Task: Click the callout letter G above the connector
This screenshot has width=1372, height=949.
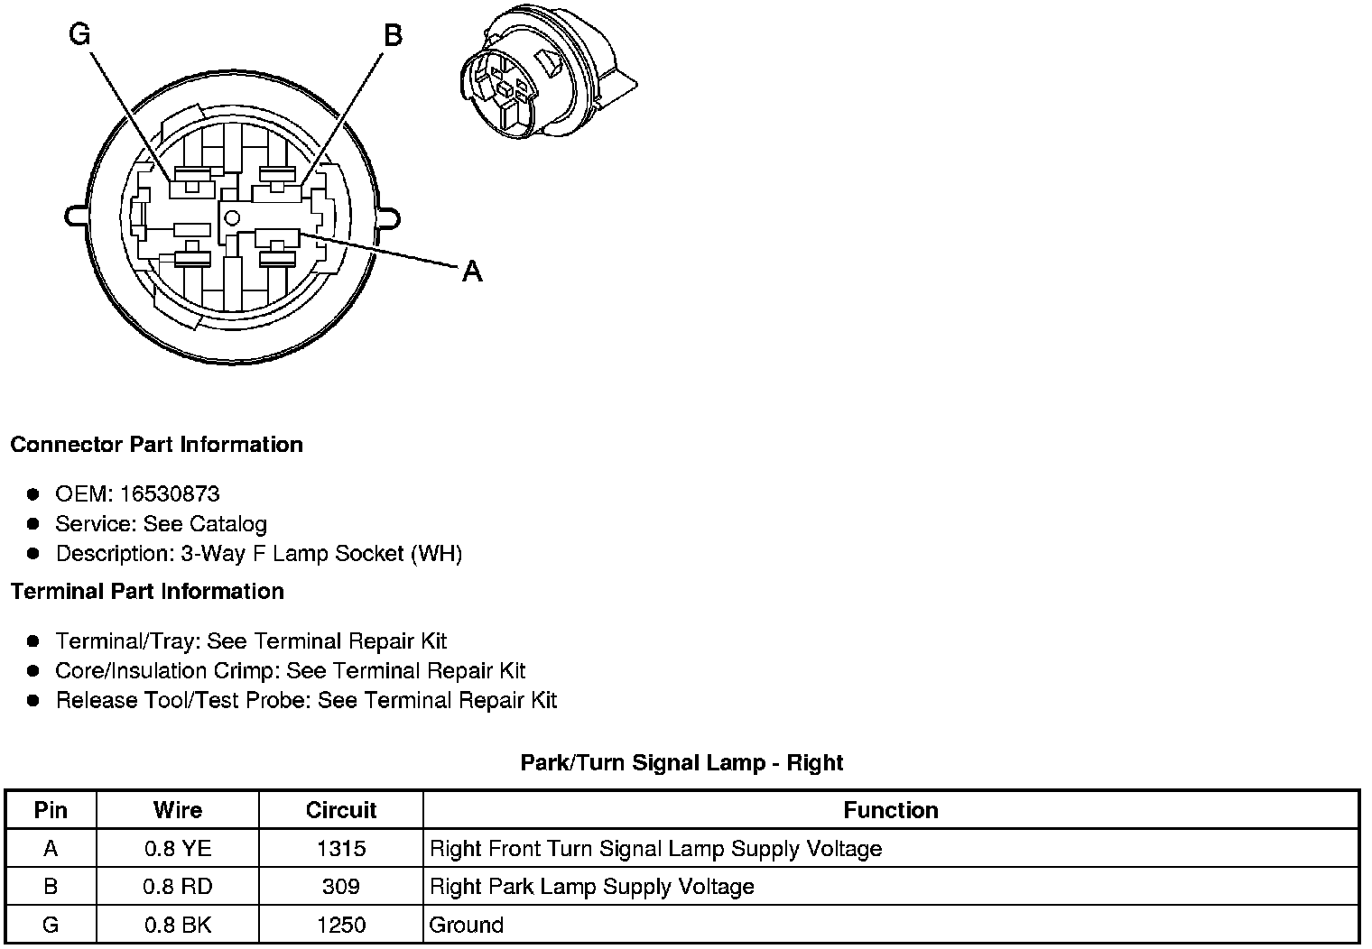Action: (79, 35)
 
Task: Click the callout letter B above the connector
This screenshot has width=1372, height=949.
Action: (394, 36)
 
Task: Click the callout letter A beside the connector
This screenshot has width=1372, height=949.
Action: (472, 271)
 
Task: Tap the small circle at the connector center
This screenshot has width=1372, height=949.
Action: (232, 217)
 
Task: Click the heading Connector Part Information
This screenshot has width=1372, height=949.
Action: (156, 445)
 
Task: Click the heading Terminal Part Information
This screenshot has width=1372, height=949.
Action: (147, 592)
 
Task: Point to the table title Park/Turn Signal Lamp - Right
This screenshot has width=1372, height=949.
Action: (681, 763)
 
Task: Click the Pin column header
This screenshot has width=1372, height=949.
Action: (51, 810)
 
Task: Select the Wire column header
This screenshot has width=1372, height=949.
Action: (178, 810)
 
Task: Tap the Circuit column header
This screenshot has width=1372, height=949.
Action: (341, 810)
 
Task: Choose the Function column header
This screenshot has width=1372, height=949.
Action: (891, 810)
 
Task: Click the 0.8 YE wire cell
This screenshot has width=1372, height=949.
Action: (178, 849)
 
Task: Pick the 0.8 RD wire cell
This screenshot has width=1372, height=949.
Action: (178, 887)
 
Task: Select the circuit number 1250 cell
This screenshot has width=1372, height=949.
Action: (341, 925)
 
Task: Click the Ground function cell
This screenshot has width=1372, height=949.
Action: (467, 925)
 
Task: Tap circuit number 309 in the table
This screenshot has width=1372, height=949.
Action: (341, 887)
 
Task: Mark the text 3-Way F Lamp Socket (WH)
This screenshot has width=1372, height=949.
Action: (321, 553)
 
